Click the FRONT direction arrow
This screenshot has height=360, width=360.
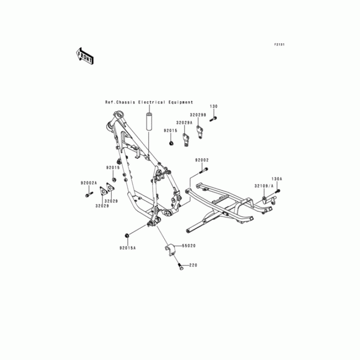85,55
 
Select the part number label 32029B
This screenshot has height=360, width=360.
198,115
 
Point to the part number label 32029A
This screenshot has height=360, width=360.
184,122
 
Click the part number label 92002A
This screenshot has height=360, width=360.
89,183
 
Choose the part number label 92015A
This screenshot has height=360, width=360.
128,247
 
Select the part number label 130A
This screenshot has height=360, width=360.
276,179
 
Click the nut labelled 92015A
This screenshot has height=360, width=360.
127,235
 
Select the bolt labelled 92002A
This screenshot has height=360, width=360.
88,194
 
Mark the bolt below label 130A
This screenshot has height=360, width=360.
278,192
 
